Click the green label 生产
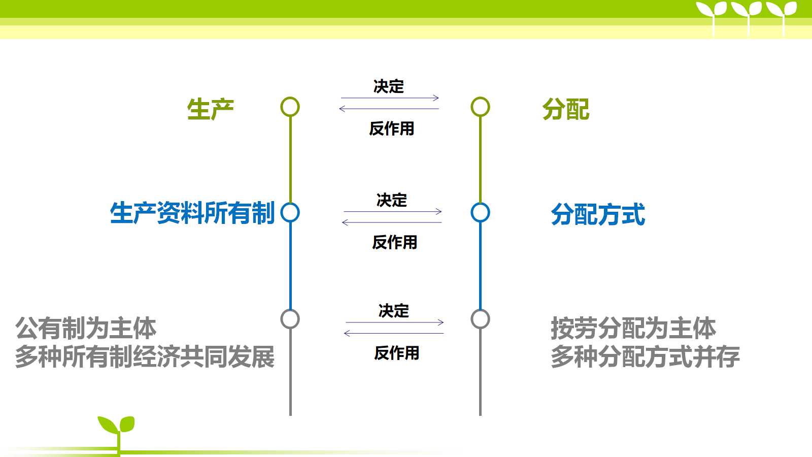pyautogui.click(x=211, y=109)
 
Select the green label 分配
pyautogui.click(x=566, y=109)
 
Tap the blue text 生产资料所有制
pyautogui.click(x=192, y=213)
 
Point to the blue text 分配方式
pyautogui.click(x=598, y=214)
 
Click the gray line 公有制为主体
pyautogui.click(x=86, y=328)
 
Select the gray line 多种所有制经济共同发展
pyautogui.click(x=145, y=357)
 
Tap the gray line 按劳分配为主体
pyautogui.click(x=633, y=328)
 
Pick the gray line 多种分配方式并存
pyautogui.click(x=645, y=357)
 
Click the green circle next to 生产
pyautogui.click(x=290, y=97)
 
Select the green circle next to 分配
pyautogui.click(x=480, y=97)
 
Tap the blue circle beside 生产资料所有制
pyautogui.click(x=290, y=203)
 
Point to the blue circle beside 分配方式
pyautogui.click(x=480, y=203)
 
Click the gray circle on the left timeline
pyautogui.click(x=290, y=310)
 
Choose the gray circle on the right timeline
pyautogui.click(x=480, y=310)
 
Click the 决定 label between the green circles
pyautogui.click(x=389, y=86)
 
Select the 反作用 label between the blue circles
pyautogui.click(x=395, y=242)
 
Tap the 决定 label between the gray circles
pyautogui.click(x=394, y=311)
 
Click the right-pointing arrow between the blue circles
pyautogui.click(x=393, y=211)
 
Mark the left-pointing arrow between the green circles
pyautogui.click(x=389, y=109)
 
